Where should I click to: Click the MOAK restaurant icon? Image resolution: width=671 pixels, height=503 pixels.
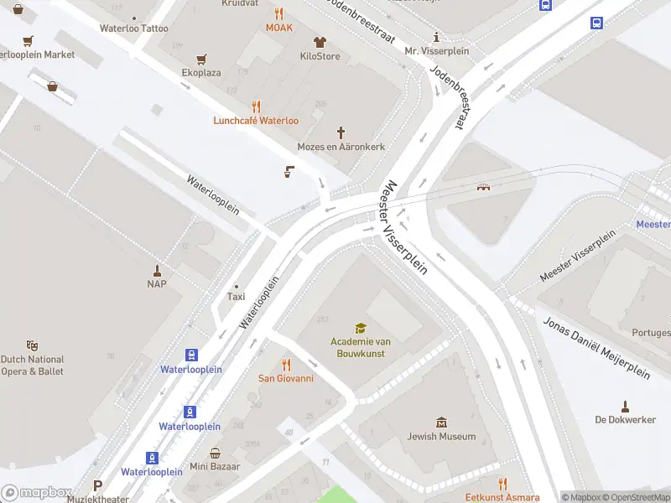point(279,13)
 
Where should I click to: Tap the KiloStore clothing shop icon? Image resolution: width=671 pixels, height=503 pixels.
point(320,42)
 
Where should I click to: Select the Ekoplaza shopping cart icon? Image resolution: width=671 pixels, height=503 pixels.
point(201,60)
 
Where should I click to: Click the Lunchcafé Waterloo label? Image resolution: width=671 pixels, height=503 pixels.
point(256,121)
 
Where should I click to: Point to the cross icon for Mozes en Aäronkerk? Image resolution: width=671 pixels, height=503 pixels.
point(341,132)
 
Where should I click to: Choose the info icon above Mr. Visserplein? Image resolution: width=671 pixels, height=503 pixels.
point(436,37)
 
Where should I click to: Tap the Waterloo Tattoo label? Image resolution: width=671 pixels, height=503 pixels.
point(133,29)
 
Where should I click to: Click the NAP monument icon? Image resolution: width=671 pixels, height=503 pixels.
point(157,270)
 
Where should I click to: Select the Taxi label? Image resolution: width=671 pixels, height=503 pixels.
point(237,297)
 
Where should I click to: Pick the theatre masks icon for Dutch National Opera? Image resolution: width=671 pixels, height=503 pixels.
point(32,345)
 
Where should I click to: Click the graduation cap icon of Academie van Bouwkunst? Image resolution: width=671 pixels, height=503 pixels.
point(360,328)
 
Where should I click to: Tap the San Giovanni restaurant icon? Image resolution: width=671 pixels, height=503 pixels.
point(285,365)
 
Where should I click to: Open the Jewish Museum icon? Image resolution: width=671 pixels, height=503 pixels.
point(441,423)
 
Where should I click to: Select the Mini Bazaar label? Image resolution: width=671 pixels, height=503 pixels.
point(215,466)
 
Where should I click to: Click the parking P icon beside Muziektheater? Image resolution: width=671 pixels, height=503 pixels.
point(98,485)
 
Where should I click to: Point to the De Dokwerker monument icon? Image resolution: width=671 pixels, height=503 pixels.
point(624,406)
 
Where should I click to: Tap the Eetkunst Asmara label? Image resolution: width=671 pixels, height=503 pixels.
point(502,498)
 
